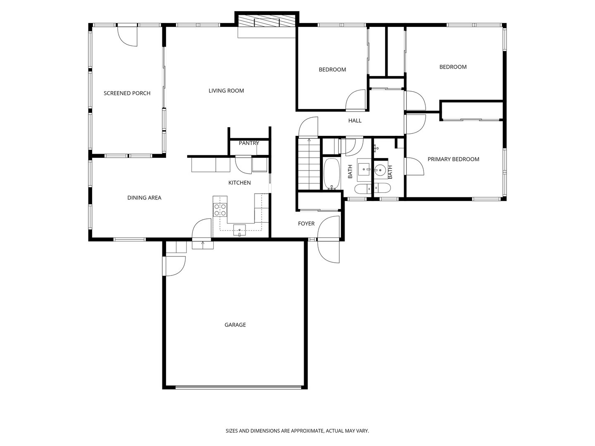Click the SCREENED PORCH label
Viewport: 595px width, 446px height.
click(x=127, y=93)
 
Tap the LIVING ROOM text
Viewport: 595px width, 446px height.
click(x=226, y=91)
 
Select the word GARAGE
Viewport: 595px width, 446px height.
click(x=235, y=325)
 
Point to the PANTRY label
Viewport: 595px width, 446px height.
click(x=249, y=143)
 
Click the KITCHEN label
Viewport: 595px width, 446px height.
click(x=240, y=183)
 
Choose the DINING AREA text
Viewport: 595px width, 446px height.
click(x=144, y=198)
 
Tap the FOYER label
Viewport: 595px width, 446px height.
click(x=306, y=224)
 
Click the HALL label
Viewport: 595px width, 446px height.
click(x=355, y=121)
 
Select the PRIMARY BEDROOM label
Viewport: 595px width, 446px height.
click(x=453, y=159)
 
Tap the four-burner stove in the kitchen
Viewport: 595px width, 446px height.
click(x=220, y=210)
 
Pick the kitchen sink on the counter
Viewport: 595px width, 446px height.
click(x=239, y=230)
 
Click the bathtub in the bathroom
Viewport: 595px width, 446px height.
click(x=331, y=174)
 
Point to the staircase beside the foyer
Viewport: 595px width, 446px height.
click(x=309, y=164)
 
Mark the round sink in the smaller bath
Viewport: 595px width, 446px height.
click(x=380, y=169)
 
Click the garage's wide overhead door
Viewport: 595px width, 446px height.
click(x=238, y=387)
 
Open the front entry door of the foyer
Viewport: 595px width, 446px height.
click(x=328, y=250)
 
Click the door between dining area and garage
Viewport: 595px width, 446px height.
click(x=202, y=229)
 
